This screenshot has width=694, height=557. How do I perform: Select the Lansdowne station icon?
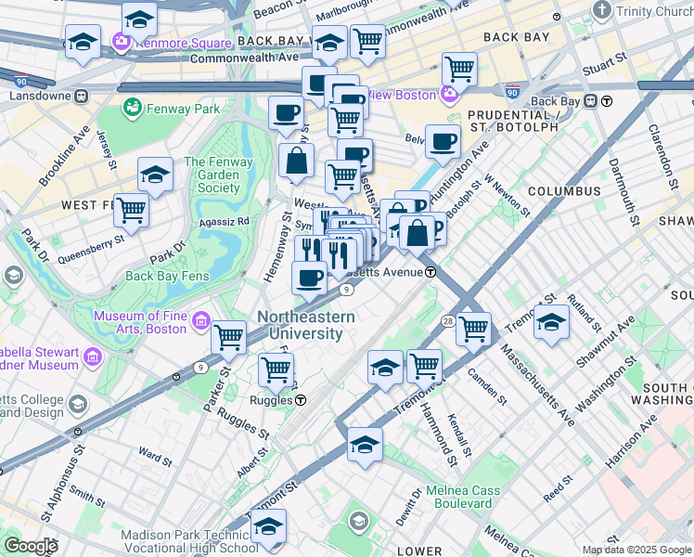81,95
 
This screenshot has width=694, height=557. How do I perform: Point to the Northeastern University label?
305,325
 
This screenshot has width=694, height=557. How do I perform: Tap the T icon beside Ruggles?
302,400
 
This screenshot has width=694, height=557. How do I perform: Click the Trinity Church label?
655,11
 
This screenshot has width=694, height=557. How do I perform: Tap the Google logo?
30,545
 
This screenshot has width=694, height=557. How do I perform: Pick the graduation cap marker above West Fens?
155,174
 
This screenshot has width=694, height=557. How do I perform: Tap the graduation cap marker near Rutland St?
551,323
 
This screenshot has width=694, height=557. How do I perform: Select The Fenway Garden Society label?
212,175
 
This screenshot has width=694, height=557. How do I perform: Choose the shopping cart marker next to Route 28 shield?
473,328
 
